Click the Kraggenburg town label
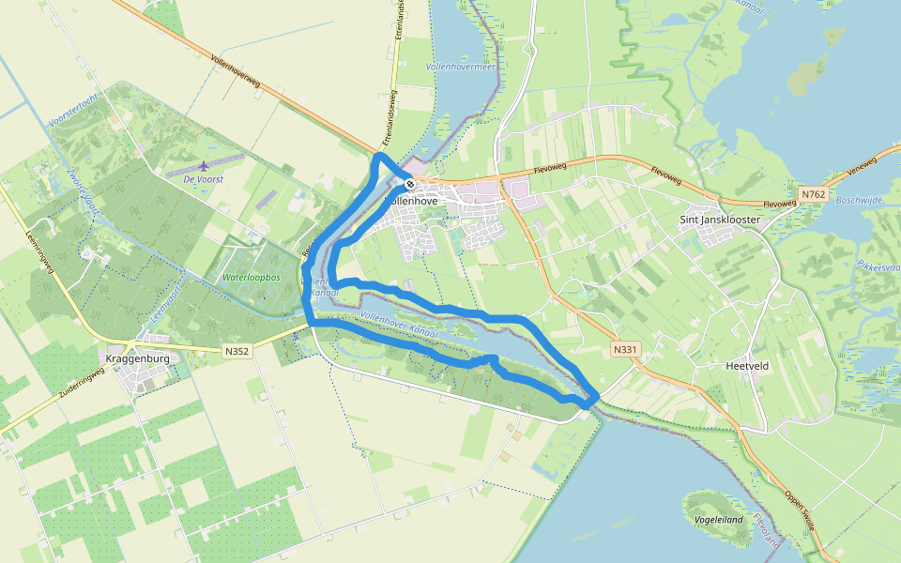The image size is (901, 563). coord(138,359)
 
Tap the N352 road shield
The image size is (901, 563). coord(237,351)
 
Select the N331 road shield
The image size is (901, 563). coord(624,350)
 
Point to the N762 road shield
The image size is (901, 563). coord(812,194)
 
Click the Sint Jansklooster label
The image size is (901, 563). coord(719,219)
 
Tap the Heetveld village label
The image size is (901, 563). coord(748,366)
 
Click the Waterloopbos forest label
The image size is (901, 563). coord(252,278)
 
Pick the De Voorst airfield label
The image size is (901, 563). coord(204,178)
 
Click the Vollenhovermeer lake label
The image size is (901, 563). coord(460,68)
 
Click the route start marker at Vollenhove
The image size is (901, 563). coord(410,183)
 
